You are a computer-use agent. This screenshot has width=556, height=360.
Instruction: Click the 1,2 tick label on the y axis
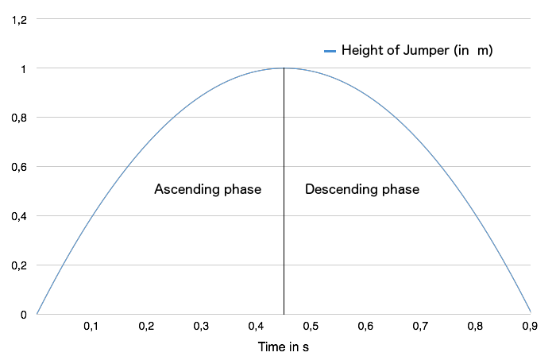tap(18, 19)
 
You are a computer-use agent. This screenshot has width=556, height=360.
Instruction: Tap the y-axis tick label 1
tap(24, 68)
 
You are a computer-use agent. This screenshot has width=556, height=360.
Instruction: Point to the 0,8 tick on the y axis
tap(18, 118)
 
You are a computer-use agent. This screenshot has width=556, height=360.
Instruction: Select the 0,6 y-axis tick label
tap(18, 167)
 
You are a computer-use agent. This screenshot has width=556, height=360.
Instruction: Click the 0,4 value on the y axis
tap(18, 216)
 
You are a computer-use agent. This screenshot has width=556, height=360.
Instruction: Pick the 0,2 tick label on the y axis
tap(18, 265)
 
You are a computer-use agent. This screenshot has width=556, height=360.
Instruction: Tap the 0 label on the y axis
tap(24, 315)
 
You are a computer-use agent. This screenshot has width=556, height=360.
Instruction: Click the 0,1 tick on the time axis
tap(91, 327)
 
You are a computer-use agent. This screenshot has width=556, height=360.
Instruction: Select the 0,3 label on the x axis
tap(201, 327)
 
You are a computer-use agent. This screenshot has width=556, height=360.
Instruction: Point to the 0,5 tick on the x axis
tap(311, 327)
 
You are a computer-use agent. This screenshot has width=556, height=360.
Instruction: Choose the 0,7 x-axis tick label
tap(420, 327)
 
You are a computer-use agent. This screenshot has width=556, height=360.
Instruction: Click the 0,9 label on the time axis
tap(530, 327)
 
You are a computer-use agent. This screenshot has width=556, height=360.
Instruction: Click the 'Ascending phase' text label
tap(207, 190)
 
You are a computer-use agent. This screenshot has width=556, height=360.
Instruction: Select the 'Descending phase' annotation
tap(362, 190)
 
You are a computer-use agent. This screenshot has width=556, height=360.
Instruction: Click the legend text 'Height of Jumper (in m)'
tap(416, 51)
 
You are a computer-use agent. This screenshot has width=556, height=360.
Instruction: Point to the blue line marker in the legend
tap(330, 52)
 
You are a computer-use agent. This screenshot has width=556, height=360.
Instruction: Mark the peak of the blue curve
tap(284, 68)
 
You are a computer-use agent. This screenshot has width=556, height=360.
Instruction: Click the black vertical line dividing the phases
tap(284, 238)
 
